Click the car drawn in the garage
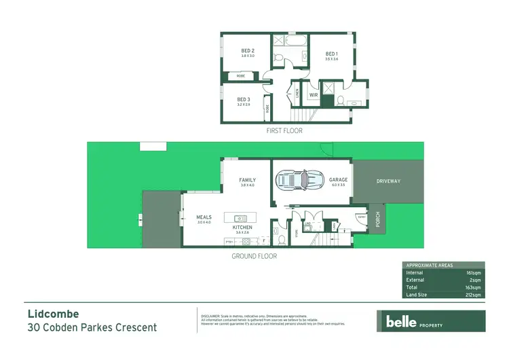(x=298, y=181)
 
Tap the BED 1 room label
(x=331, y=54)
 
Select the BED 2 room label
(x=248, y=51)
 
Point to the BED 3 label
(x=244, y=100)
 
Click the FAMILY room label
(x=247, y=180)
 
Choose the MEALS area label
(x=204, y=217)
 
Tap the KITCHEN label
(x=243, y=227)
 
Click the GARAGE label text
(x=338, y=180)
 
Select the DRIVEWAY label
(x=389, y=181)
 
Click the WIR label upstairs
(x=313, y=95)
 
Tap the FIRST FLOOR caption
(x=285, y=130)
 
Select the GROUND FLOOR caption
(x=254, y=256)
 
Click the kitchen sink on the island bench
(x=240, y=218)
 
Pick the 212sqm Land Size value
(x=474, y=295)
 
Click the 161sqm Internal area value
(x=474, y=272)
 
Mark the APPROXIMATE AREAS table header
(x=429, y=265)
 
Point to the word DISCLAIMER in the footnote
(x=211, y=317)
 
